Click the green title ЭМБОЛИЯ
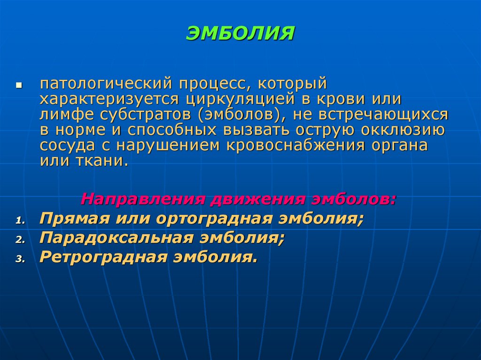click(240, 34)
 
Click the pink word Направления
click(141, 199)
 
